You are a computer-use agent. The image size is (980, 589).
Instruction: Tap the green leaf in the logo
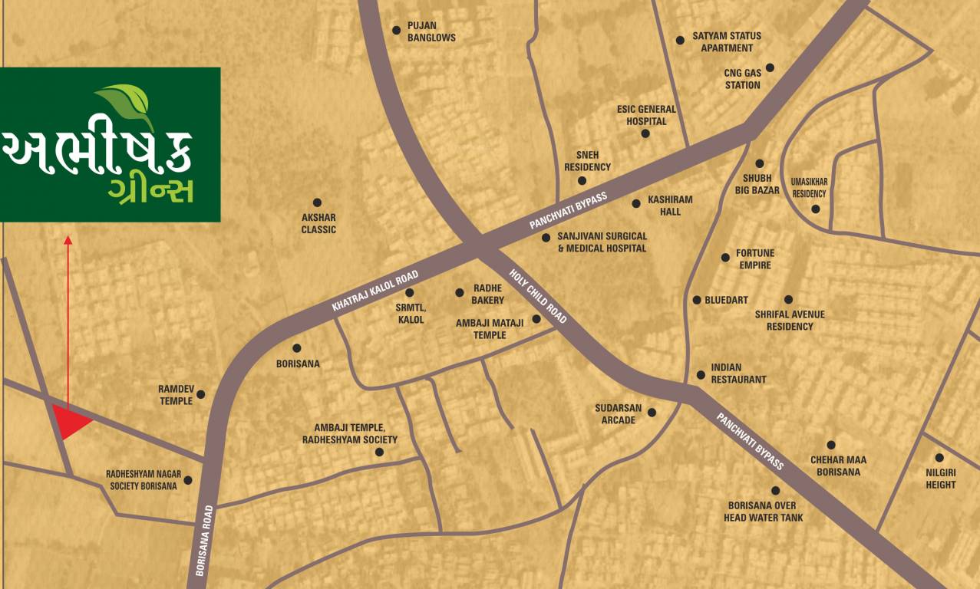click(x=127, y=103)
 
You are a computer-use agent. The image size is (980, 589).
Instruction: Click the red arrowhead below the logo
click(x=68, y=240)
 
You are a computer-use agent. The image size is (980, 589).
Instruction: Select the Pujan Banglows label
click(x=431, y=31)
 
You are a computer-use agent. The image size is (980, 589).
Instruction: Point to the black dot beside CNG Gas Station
click(x=770, y=67)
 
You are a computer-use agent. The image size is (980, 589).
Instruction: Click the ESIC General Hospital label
click(x=646, y=115)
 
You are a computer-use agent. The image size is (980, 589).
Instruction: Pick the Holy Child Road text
click(x=539, y=294)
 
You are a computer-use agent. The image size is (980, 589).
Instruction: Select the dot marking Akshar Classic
click(x=317, y=202)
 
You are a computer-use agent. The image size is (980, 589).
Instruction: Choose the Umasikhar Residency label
click(x=810, y=188)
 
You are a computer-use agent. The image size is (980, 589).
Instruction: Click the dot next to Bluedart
click(x=697, y=300)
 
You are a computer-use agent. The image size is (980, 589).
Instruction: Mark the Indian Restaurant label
click(x=738, y=373)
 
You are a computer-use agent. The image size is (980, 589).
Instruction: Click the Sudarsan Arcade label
click(x=619, y=414)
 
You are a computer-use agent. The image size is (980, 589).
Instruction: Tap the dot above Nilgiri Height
click(x=939, y=458)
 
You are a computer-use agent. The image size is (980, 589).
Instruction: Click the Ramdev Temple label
click(x=176, y=395)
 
